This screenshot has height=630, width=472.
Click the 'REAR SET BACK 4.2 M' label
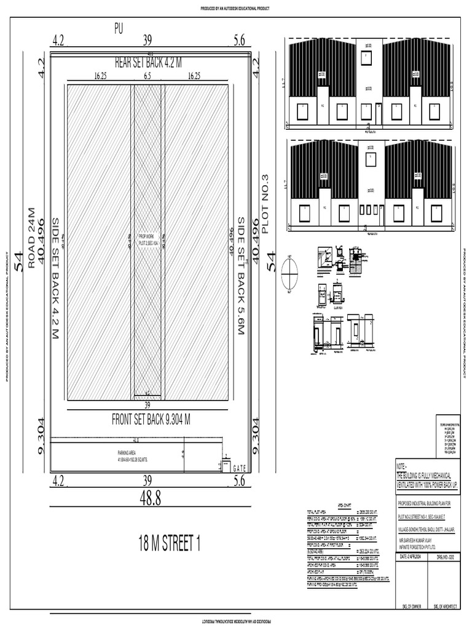coord(148,62)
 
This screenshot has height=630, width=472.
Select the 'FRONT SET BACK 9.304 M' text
coord(151,420)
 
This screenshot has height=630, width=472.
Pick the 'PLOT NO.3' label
coord(266,204)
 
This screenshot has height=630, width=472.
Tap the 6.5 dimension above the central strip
coord(147,77)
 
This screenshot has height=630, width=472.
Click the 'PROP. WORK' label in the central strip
coord(147,236)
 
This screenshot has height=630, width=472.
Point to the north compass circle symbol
coord(289,273)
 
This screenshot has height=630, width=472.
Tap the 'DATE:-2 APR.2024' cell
coord(409,557)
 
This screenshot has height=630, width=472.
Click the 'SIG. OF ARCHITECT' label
coord(445,606)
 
